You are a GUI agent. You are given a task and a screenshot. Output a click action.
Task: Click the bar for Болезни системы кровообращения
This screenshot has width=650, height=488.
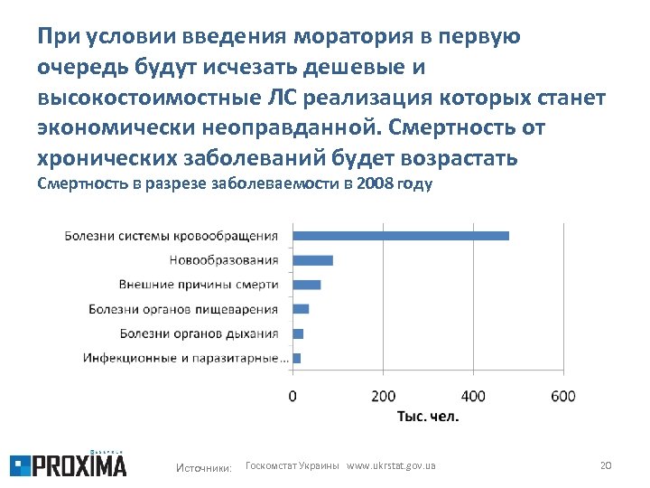tap(400, 236)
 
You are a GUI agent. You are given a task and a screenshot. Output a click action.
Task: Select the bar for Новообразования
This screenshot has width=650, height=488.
tap(312, 260)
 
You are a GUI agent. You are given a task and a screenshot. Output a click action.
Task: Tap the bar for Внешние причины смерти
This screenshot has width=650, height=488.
tap(306, 285)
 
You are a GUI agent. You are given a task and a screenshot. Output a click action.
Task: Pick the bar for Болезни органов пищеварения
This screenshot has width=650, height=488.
tap(301, 309)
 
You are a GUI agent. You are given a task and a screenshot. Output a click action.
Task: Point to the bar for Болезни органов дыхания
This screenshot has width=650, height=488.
tap(298, 333)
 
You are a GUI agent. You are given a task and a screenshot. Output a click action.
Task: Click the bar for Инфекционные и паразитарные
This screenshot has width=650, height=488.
tap(296, 358)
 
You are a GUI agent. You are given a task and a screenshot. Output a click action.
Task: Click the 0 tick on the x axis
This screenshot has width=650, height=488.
tap(292, 396)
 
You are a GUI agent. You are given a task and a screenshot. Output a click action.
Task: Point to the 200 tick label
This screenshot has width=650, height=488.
tap(383, 396)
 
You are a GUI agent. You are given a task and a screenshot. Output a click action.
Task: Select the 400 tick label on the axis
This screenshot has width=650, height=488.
tap(472, 396)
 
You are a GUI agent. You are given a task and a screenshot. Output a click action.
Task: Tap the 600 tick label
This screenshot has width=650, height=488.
tap(562, 396)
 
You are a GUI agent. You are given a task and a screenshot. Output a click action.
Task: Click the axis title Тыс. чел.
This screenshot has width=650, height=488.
tap(428, 417)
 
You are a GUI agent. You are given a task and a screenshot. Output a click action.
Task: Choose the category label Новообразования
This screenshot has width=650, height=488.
tap(224, 260)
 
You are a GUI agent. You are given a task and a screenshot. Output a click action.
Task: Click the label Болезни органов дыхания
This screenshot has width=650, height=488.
tap(199, 333)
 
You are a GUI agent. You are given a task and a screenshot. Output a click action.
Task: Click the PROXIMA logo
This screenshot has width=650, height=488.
tap(69, 464)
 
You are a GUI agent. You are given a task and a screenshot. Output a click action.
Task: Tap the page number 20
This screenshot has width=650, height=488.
tap(606, 465)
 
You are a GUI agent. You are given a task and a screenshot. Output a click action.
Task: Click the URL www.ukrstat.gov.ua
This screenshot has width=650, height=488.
tap(391, 465)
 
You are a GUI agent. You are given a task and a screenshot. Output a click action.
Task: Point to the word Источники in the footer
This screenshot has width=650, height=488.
tap(204, 466)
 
